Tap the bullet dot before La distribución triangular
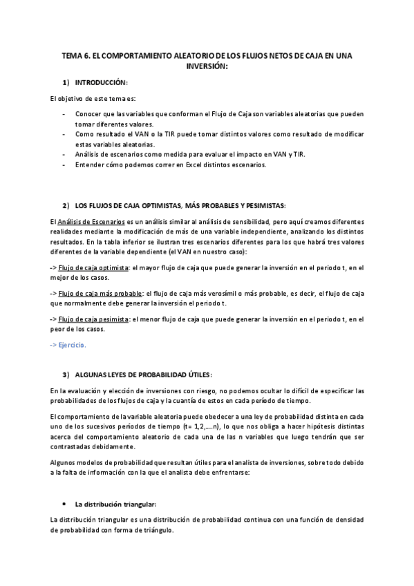pos(64,504)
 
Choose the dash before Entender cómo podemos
pos(64,164)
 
